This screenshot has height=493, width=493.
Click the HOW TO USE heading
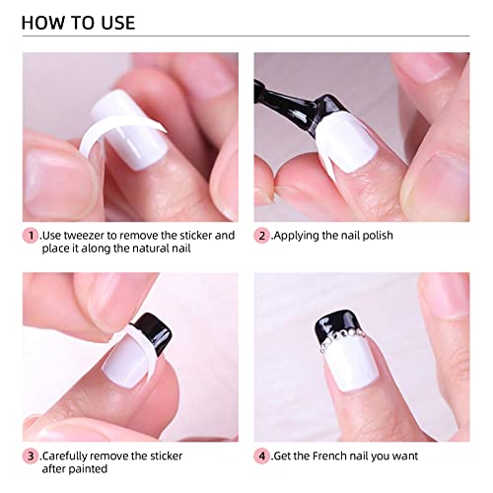78,22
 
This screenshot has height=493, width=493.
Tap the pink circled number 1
31,236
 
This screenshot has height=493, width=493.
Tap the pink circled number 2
262,236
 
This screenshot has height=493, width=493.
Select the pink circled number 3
31,457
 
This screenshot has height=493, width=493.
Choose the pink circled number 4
262,457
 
